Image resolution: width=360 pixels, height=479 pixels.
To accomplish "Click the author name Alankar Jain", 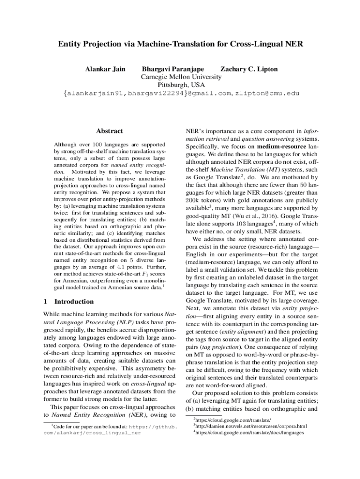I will click(105, 69).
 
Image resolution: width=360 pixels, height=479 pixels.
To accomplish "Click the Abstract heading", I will click(109, 131).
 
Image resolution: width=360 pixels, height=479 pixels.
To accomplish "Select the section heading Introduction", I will click(74, 301).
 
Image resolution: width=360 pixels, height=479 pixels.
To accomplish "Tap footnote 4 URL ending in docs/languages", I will click(250, 433).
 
